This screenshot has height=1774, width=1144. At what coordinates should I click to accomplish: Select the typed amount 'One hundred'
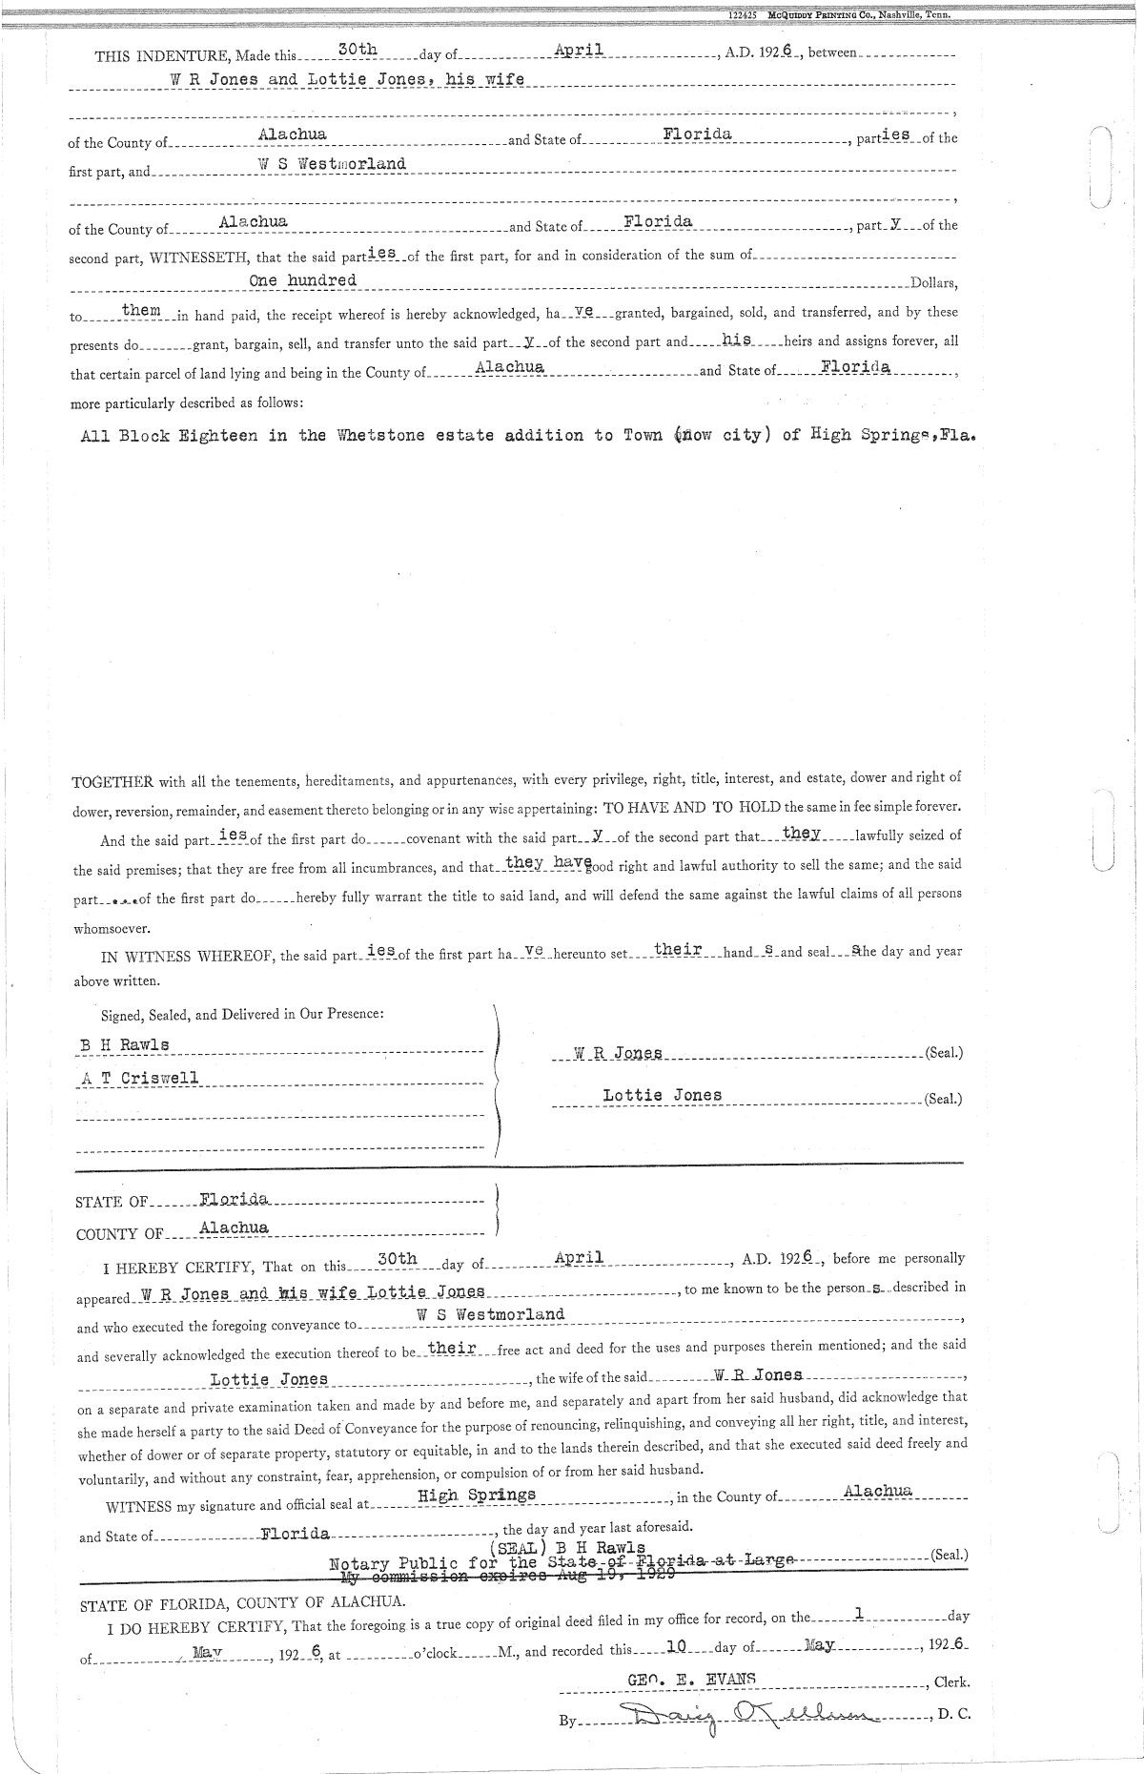302,280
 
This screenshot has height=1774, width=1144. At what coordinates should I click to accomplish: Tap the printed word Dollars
933,284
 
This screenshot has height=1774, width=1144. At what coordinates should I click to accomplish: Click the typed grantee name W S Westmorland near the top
333,164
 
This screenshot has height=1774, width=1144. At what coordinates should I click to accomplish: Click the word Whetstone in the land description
378,436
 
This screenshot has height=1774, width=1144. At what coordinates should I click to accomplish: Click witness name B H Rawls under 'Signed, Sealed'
124,1044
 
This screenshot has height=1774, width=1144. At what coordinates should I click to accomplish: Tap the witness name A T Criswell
139,1078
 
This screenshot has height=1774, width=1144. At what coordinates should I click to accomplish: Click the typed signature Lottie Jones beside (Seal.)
662,1095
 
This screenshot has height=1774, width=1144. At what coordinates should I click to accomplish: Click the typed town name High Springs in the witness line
477,1495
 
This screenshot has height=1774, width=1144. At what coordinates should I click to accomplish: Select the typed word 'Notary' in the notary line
358,1564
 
